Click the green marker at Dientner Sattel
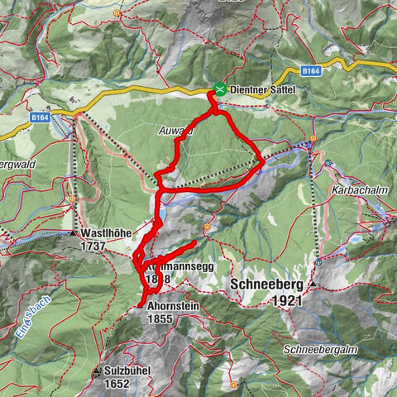[x=219, y=88]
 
